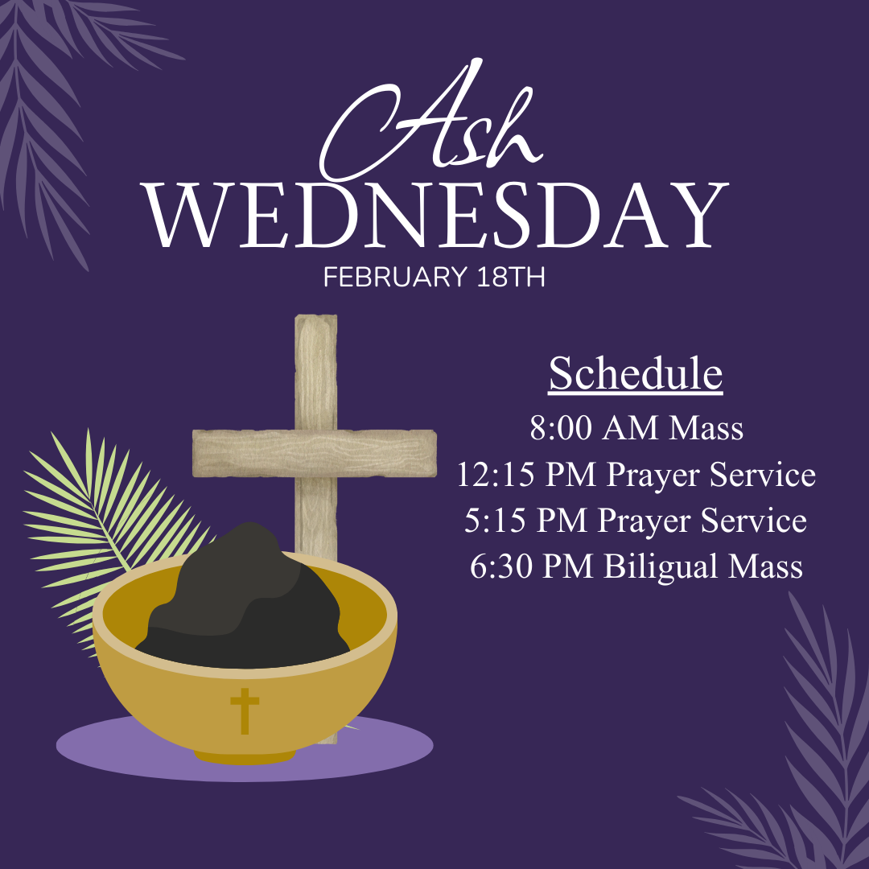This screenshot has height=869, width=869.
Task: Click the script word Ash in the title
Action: click(426, 129)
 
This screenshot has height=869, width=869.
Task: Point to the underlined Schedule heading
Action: click(636, 374)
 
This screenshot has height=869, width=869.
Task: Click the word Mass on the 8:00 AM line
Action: click(706, 428)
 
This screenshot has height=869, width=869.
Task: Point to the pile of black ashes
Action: click(241, 603)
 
